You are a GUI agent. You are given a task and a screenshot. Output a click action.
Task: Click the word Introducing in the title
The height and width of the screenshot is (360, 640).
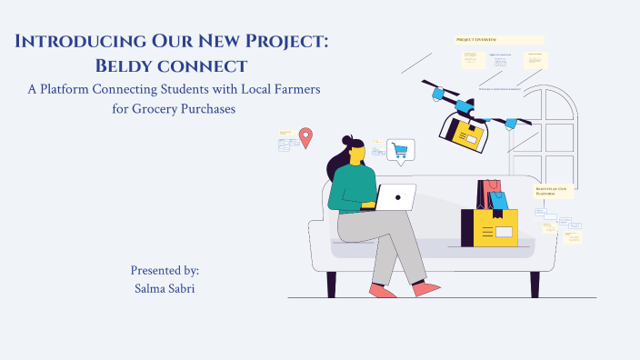[75, 42]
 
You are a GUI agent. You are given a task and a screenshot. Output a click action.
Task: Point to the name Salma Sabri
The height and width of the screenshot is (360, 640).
[165, 287]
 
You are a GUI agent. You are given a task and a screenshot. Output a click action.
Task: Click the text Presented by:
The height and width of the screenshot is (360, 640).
[165, 270]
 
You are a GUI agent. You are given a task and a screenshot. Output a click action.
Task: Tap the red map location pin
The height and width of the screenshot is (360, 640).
[305, 137]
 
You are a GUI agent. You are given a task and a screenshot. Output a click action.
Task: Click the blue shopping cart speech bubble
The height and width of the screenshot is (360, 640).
[399, 150]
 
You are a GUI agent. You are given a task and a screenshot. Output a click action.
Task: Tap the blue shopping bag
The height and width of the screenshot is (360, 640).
[498, 199]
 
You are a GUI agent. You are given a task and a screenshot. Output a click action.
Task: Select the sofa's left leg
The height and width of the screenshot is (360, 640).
[331, 284]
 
